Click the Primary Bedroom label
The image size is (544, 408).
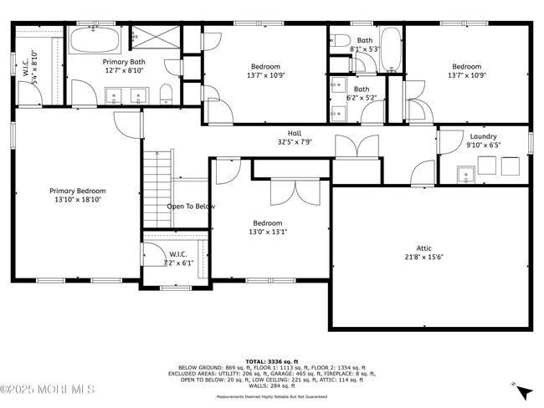point(77,191)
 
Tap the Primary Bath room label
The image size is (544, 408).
point(124,62)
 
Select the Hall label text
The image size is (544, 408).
point(295,133)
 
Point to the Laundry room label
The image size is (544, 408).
point(483,136)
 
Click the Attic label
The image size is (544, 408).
point(424,247)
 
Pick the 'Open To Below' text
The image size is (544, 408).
point(191,207)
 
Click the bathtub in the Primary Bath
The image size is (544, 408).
point(95,40)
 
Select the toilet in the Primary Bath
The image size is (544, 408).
point(167,91)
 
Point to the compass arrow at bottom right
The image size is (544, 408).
point(523,390)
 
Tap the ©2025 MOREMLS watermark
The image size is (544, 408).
point(48,390)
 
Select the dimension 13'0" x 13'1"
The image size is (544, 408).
point(267,233)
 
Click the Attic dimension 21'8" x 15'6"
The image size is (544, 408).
point(424,258)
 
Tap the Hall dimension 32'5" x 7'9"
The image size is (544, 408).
point(295,142)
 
